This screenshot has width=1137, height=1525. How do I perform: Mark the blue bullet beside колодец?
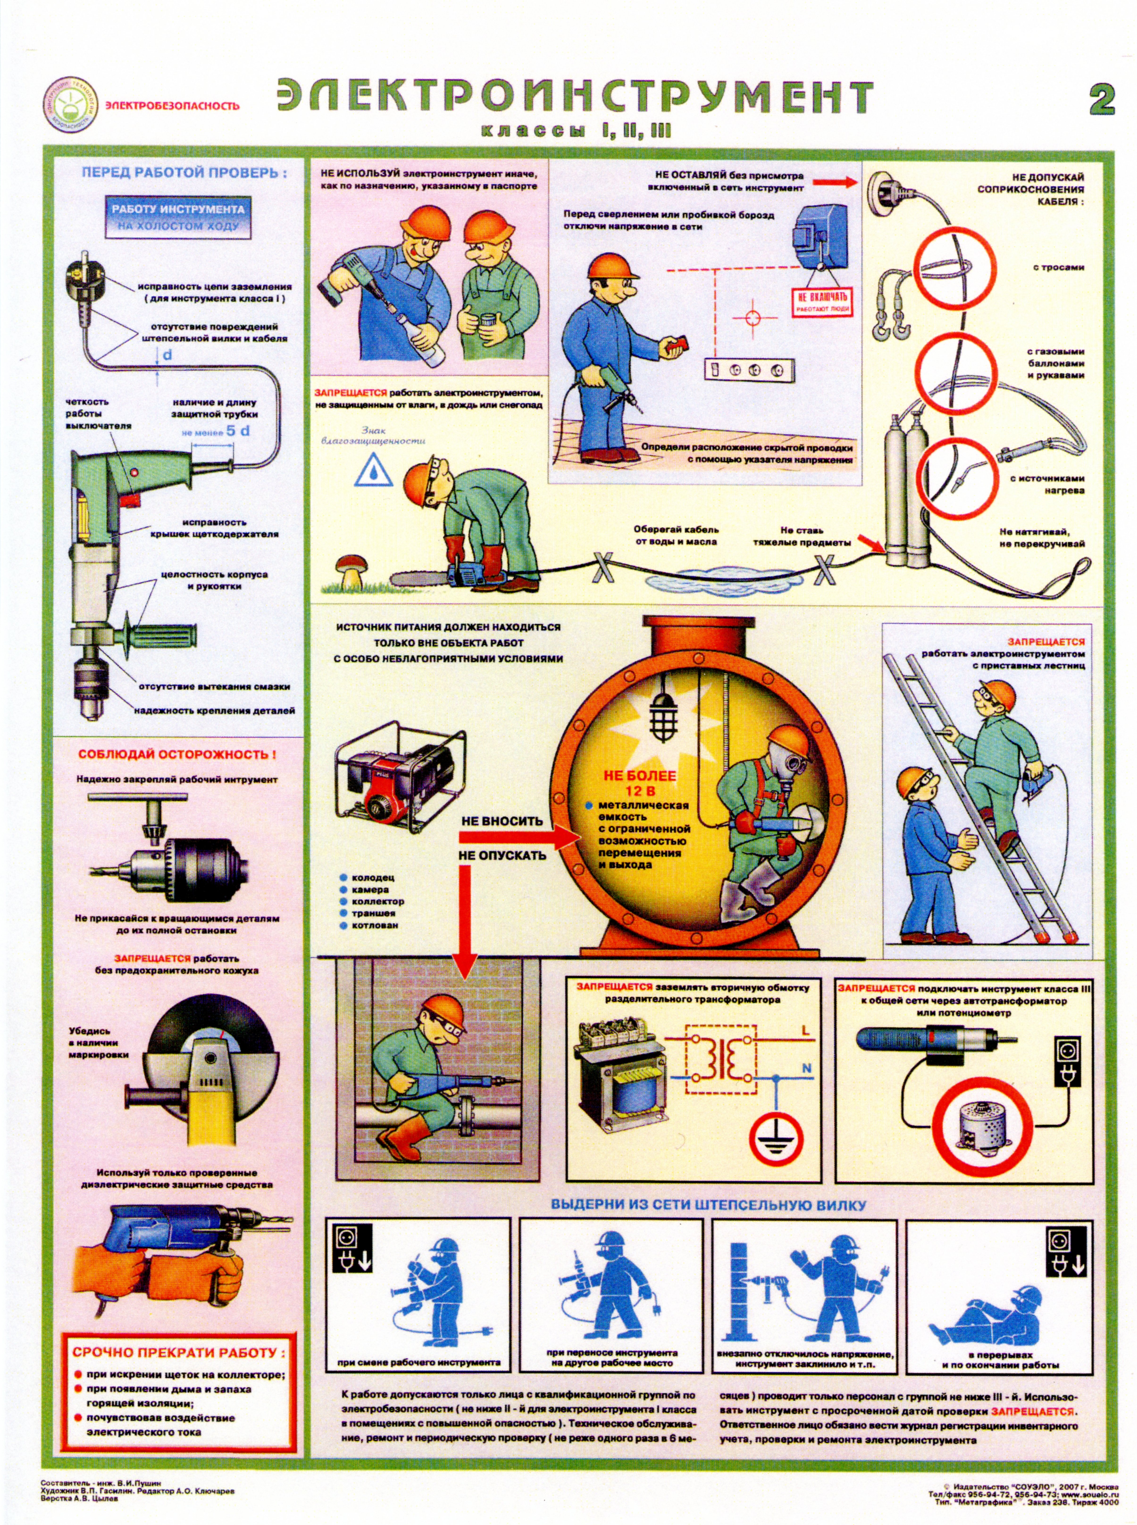(343, 878)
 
